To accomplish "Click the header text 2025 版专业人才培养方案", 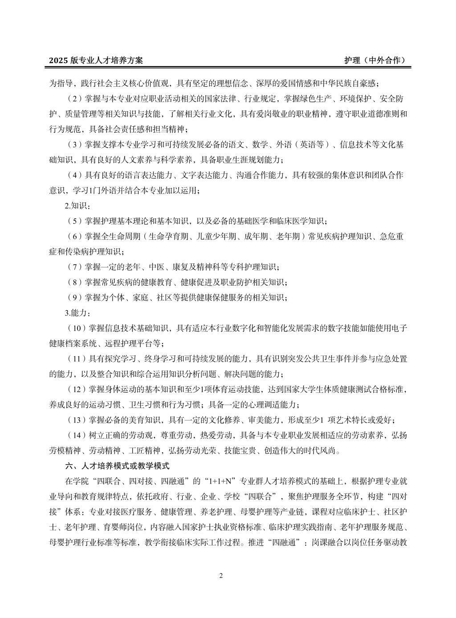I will coord(96,61).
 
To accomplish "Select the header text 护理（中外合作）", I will coord(375,61).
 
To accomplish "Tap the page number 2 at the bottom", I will coord(221,576).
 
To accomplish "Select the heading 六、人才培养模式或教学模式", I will coord(117,466).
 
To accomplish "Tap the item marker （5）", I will coord(73,221).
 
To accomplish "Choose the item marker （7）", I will coord(73,267).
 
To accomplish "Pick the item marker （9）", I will coord(73,298).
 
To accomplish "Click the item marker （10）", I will coord(76,328).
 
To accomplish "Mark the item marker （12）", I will coord(76,390).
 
